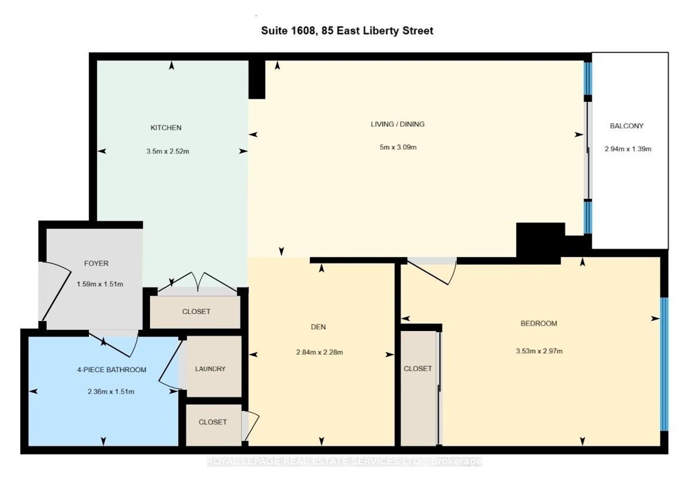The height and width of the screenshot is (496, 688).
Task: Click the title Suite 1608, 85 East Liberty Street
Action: click(x=347, y=31)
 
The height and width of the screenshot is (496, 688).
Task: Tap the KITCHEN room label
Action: click(x=166, y=128)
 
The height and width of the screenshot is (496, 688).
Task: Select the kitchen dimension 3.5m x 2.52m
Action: click(x=168, y=152)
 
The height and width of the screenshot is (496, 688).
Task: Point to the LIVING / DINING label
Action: click(x=398, y=125)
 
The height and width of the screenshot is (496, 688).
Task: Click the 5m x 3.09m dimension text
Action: click(x=398, y=147)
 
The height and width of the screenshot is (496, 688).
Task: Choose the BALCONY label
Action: click(x=627, y=126)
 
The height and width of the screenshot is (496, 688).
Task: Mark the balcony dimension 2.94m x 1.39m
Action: click(x=628, y=149)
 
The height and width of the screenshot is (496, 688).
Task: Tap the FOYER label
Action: click(x=96, y=263)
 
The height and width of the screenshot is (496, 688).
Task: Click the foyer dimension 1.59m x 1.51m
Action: click(x=100, y=284)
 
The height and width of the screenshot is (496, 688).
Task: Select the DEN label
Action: click(x=318, y=327)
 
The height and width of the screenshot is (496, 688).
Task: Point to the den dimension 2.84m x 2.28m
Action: click(x=319, y=352)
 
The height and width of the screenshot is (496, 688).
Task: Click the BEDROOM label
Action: click(x=539, y=324)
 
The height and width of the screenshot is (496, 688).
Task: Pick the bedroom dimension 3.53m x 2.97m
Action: click(x=539, y=351)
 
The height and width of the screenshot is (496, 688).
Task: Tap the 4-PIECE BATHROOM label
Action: click(x=111, y=370)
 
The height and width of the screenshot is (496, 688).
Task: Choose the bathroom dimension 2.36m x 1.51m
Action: click(x=111, y=392)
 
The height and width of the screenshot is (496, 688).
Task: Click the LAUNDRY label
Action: click(x=210, y=369)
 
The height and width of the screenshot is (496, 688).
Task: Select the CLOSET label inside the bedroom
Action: click(x=418, y=369)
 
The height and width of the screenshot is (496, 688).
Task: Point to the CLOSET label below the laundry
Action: click(x=213, y=422)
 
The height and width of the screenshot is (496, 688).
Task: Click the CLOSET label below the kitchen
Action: click(x=196, y=312)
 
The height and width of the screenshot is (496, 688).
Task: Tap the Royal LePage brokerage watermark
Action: click(x=344, y=461)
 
